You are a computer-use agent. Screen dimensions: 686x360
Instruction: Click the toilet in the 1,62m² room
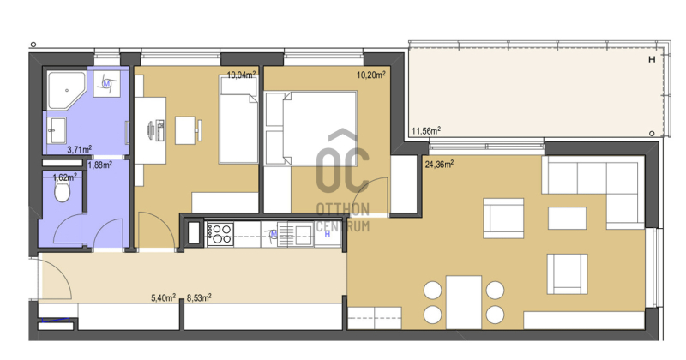(x=62, y=192)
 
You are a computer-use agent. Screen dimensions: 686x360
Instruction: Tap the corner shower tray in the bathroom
(x=66, y=91)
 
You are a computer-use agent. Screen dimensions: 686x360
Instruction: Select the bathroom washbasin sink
(x=57, y=130)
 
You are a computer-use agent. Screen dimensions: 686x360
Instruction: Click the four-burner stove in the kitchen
(x=220, y=234)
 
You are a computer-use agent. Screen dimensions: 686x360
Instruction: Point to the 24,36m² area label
(x=439, y=165)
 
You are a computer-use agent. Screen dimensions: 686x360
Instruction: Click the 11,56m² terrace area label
(x=426, y=131)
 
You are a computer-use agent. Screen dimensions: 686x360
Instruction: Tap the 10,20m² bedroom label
(x=371, y=75)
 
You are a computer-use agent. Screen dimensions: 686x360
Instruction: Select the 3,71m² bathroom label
(x=79, y=150)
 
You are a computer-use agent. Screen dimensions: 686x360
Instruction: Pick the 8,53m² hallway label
(x=199, y=298)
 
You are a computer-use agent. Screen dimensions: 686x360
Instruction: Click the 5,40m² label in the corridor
(x=163, y=298)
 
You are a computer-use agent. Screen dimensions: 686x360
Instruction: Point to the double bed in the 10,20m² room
(x=311, y=129)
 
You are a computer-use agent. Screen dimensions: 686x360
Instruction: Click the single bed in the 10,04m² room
(x=238, y=119)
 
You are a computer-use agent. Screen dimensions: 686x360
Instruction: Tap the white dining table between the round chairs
(x=464, y=302)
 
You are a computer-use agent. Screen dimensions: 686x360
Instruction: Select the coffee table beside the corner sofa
(x=567, y=218)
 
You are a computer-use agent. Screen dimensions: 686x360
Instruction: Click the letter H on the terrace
(x=652, y=59)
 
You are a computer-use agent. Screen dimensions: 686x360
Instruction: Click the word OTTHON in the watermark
(x=342, y=209)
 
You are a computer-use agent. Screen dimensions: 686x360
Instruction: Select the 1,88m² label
(x=99, y=165)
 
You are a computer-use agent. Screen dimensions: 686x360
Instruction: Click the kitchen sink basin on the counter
(x=303, y=235)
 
